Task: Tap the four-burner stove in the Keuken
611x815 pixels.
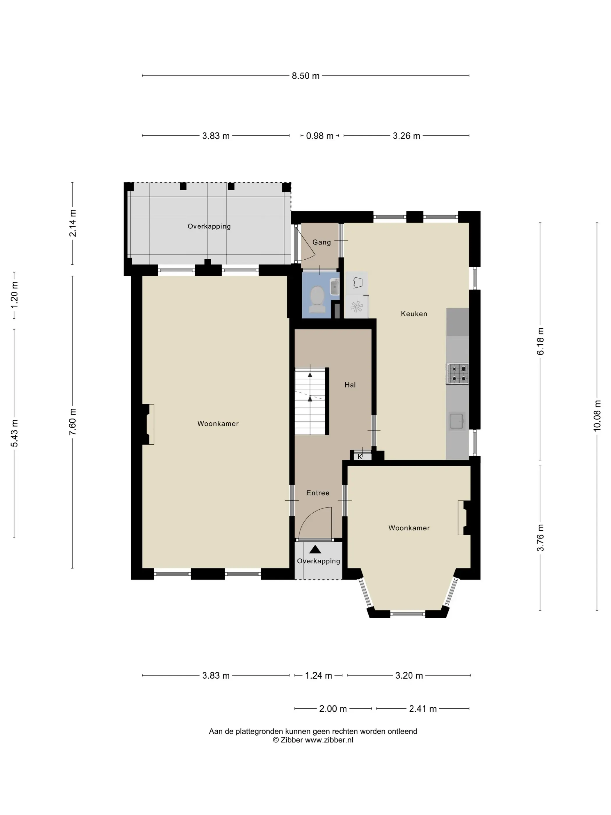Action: coord(457,374)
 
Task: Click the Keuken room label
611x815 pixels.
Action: coord(414,314)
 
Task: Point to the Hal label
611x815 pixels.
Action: coord(350,385)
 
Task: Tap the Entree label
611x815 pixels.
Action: coord(318,493)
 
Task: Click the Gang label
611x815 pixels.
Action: coord(322,242)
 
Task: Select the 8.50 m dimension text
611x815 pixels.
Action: coord(306,76)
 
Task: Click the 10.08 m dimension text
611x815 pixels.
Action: coord(597,415)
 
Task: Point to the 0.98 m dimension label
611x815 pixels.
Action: coord(320,136)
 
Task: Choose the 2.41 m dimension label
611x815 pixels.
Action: coord(423,709)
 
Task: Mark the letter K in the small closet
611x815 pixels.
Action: coord(360,457)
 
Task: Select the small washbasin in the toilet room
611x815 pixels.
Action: coord(334,287)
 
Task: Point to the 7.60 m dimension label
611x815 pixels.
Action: coord(72,422)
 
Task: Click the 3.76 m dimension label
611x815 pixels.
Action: coord(540,538)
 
